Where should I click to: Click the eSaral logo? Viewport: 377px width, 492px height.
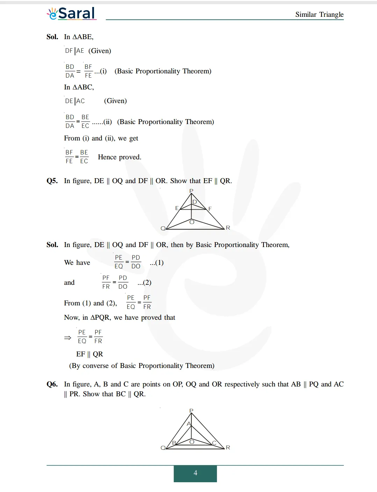pyautogui.click(x=72, y=14)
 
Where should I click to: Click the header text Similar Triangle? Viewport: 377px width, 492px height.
pyautogui.click(x=319, y=14)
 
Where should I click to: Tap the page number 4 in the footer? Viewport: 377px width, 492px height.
pyautogui.click(x=195, y=473)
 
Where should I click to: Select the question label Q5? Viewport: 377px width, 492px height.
pyautogui.click(x=52, y=181)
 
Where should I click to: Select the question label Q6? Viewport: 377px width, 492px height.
pyautogui.click(x=52, y=384)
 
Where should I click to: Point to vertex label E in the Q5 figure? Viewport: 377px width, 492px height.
pyautogui.click(x=177, y=208)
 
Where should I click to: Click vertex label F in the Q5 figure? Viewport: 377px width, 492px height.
pyautogui.click(x=210, y=209)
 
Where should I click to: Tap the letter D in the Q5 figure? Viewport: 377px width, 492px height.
pyautogui.click(x=195, y=202)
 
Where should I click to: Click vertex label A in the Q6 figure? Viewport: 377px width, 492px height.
pyautogui.click(x=189, y=424)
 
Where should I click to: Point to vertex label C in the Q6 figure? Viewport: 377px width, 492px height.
pyautogui.click(x=214, y=443)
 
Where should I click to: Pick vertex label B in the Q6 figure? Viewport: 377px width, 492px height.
pyautogui.click(x=174, y=443)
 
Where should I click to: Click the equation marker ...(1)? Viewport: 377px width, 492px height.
pyautogui.click(x=157, y=262)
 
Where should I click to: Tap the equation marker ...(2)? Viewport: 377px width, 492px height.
pyautogui.click(x=144, y=282)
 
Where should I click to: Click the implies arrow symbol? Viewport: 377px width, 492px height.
pyautogui.click(x=67, y=338)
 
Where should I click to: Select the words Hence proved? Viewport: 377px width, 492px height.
pyautogui.click(x=119, y=157)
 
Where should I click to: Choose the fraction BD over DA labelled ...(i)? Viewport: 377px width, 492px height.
pyautogui.click(x=70, y=71)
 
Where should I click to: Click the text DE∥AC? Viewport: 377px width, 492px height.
pyautogui.click(x=75, y=101)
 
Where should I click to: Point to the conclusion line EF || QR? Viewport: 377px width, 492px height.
pyautogui.click(x=89, y=354)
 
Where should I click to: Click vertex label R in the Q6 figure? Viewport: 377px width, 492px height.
pyautogui.click(x=228, y=447)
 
